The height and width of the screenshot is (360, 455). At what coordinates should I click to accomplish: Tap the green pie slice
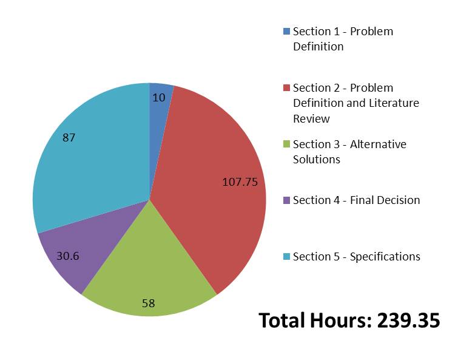point(149,267)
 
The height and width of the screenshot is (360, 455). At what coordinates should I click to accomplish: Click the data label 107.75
point(240,182)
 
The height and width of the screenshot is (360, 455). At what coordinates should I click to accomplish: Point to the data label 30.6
point(67,256)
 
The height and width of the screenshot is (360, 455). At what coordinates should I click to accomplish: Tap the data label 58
point(149,303)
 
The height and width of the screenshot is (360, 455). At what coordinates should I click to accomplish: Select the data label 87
point(69,138)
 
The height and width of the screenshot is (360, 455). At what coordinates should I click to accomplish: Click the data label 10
point(159,97)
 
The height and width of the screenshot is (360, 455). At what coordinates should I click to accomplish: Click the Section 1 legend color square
point(286,32)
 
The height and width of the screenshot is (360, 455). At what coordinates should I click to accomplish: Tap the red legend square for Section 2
point(286,88)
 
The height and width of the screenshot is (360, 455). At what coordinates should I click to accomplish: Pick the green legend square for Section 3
point(286,144)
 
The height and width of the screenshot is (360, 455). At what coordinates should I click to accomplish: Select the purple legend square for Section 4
point(286,200)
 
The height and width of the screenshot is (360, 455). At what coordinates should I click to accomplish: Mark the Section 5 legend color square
point(286,257)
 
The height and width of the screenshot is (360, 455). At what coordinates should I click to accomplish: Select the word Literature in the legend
point(398,103)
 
